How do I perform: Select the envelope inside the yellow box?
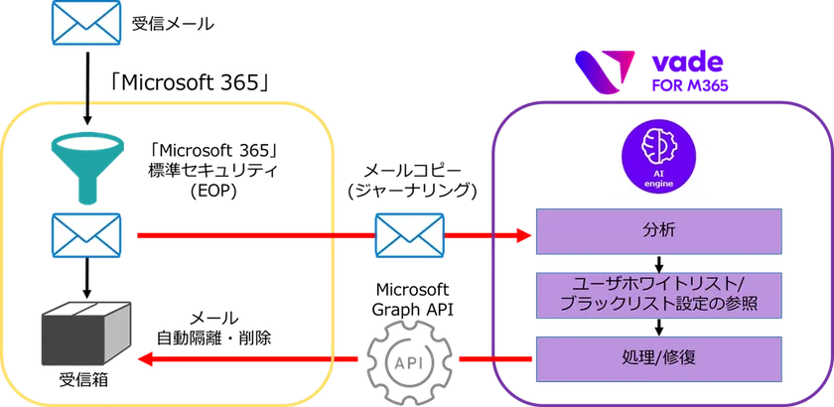pos(86,236)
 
